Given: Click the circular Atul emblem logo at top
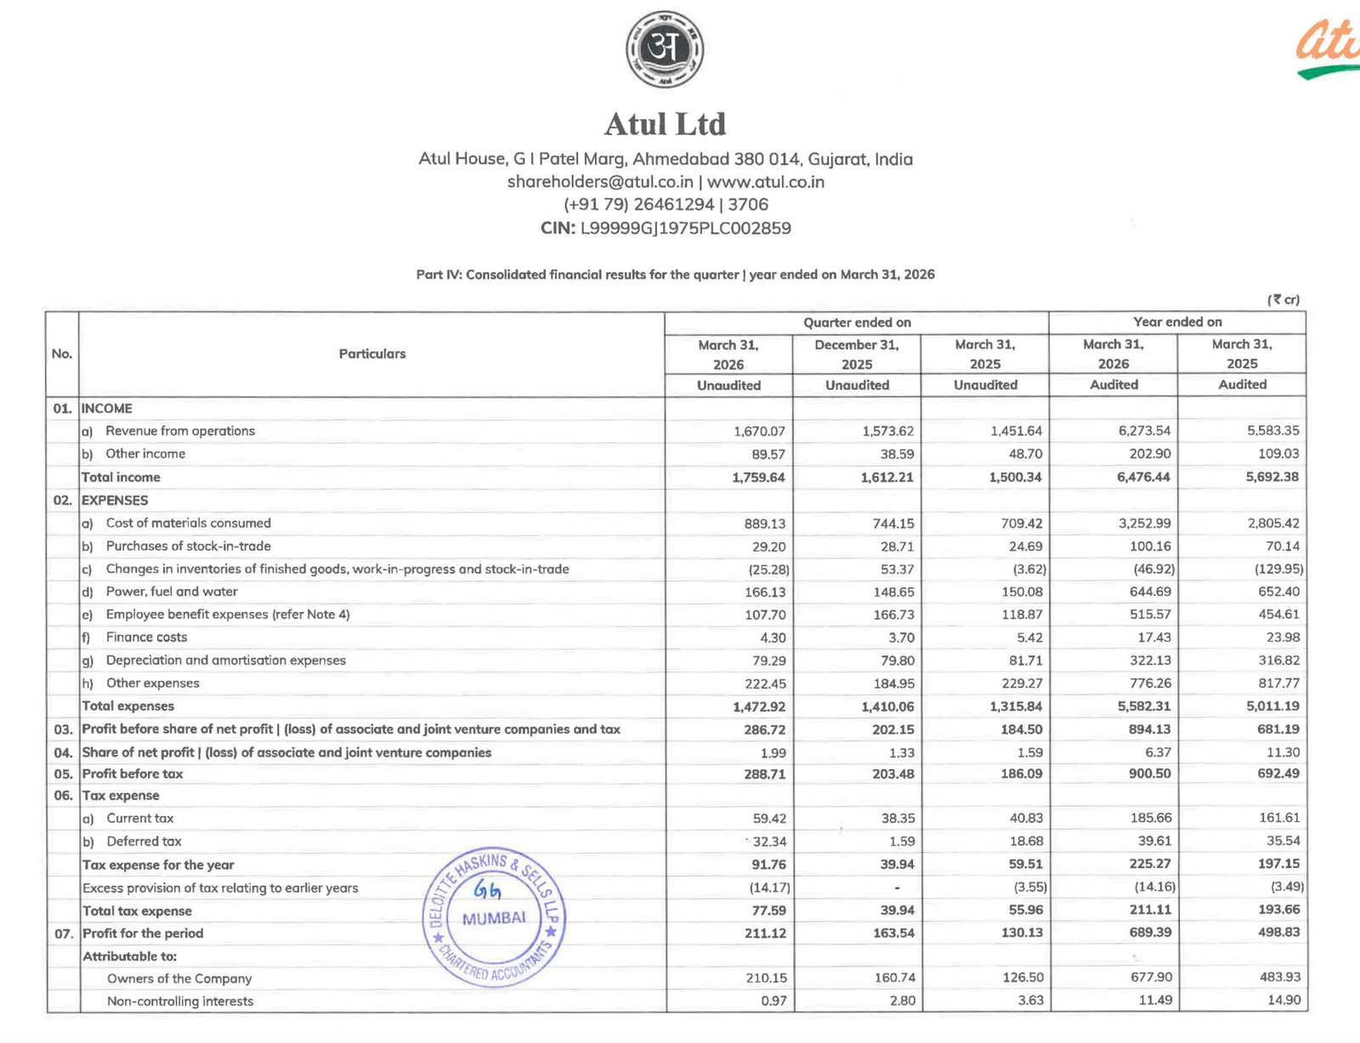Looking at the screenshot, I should (665, 49).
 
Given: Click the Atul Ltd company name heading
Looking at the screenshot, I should (665, 124).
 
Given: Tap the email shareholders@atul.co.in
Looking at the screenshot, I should (600, 182).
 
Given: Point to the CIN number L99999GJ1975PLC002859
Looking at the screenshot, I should (685, 228).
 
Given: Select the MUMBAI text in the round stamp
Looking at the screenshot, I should (494, 918).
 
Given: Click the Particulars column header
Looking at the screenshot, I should (372, 354).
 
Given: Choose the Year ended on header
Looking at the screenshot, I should (1177, 322).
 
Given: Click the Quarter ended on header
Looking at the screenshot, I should (857, 322).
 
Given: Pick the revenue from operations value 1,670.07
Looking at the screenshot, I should (759, 431).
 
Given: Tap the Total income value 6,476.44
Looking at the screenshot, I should (1144, 477).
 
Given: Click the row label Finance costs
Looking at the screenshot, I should (146, 638).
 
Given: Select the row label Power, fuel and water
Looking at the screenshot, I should (172, 592).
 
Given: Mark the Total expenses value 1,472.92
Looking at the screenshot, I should (758, 706).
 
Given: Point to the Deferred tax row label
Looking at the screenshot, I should (144, 842).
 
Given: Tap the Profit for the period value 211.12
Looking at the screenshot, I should (762, 932).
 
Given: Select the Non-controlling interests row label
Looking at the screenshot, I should (180, 1001).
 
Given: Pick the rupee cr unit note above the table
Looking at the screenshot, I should (1283, 299).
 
